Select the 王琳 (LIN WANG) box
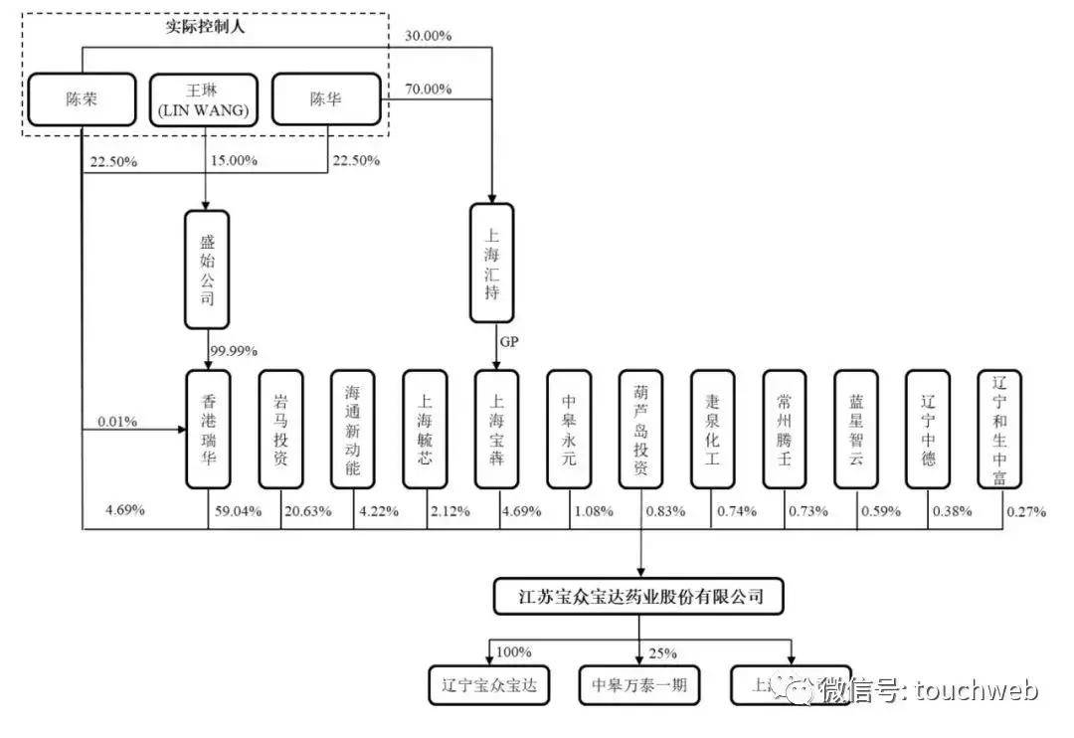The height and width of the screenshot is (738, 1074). pos(204,99)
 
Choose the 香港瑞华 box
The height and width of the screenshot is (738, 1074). pos(208,430)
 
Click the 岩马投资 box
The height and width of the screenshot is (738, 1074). pos(280,430)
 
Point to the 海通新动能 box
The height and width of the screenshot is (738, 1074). pos(353,430)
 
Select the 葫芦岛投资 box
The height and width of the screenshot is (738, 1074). pos(640,430)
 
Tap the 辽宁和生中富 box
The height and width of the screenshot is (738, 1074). pos(999,430)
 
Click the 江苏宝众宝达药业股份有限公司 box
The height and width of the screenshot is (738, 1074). pos(641,597)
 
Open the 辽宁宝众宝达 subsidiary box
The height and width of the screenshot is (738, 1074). pos(487,684)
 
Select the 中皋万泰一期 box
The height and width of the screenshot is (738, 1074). pos(639,684)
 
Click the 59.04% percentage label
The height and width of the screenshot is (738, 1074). pos(237,511)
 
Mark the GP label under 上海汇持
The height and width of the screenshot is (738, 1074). pos(509,341)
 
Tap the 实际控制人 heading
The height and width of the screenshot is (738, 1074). pos(205,27)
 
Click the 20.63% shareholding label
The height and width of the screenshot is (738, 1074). pos(308,511)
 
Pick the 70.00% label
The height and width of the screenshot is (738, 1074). pos(429,90)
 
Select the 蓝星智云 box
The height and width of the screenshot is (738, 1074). pos(856,430)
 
